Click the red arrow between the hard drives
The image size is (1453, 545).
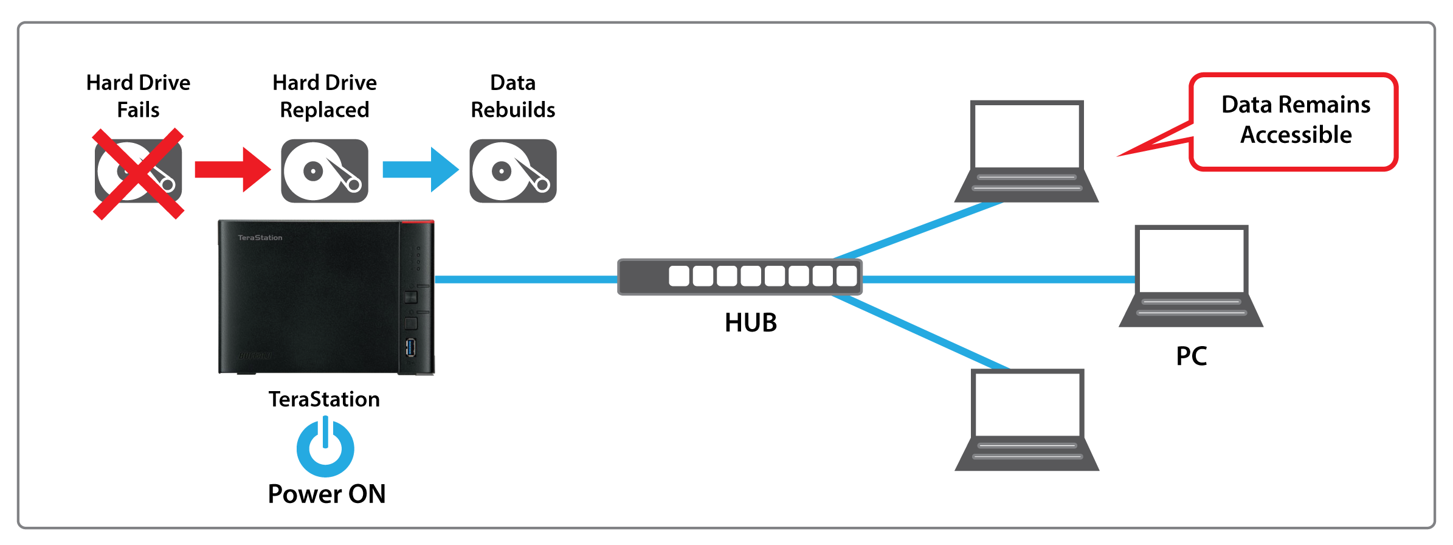(x=232, y=170)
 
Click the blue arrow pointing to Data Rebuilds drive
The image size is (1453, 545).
(x=419, y=170)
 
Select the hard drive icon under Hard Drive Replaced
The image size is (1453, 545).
(x=325, y=171)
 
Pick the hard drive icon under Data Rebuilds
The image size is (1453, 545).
(x=513, y=171)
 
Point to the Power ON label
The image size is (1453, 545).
(x=326, y=494)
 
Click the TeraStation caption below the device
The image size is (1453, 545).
(x=324, y=399)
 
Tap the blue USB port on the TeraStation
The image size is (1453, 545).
(x=411, y=349)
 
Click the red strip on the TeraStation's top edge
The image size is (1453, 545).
(x=417, y=223)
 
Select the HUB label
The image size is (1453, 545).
(x=751, y=322)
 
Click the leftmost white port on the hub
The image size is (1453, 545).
(x=679, y=276)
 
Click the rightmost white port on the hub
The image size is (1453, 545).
(x=846, y=276)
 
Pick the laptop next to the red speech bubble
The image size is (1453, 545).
(x=1026, y=152)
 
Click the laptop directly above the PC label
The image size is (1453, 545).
(x=1191, y=277)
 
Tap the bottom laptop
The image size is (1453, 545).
(x=1027, y=420)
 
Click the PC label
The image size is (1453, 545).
(x=1191, y=356)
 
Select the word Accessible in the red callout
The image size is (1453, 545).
(x=1296, y=134)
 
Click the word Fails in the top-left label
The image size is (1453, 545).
(x=138, y=110)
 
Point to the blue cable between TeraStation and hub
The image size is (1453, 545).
(x=526, y=279)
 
